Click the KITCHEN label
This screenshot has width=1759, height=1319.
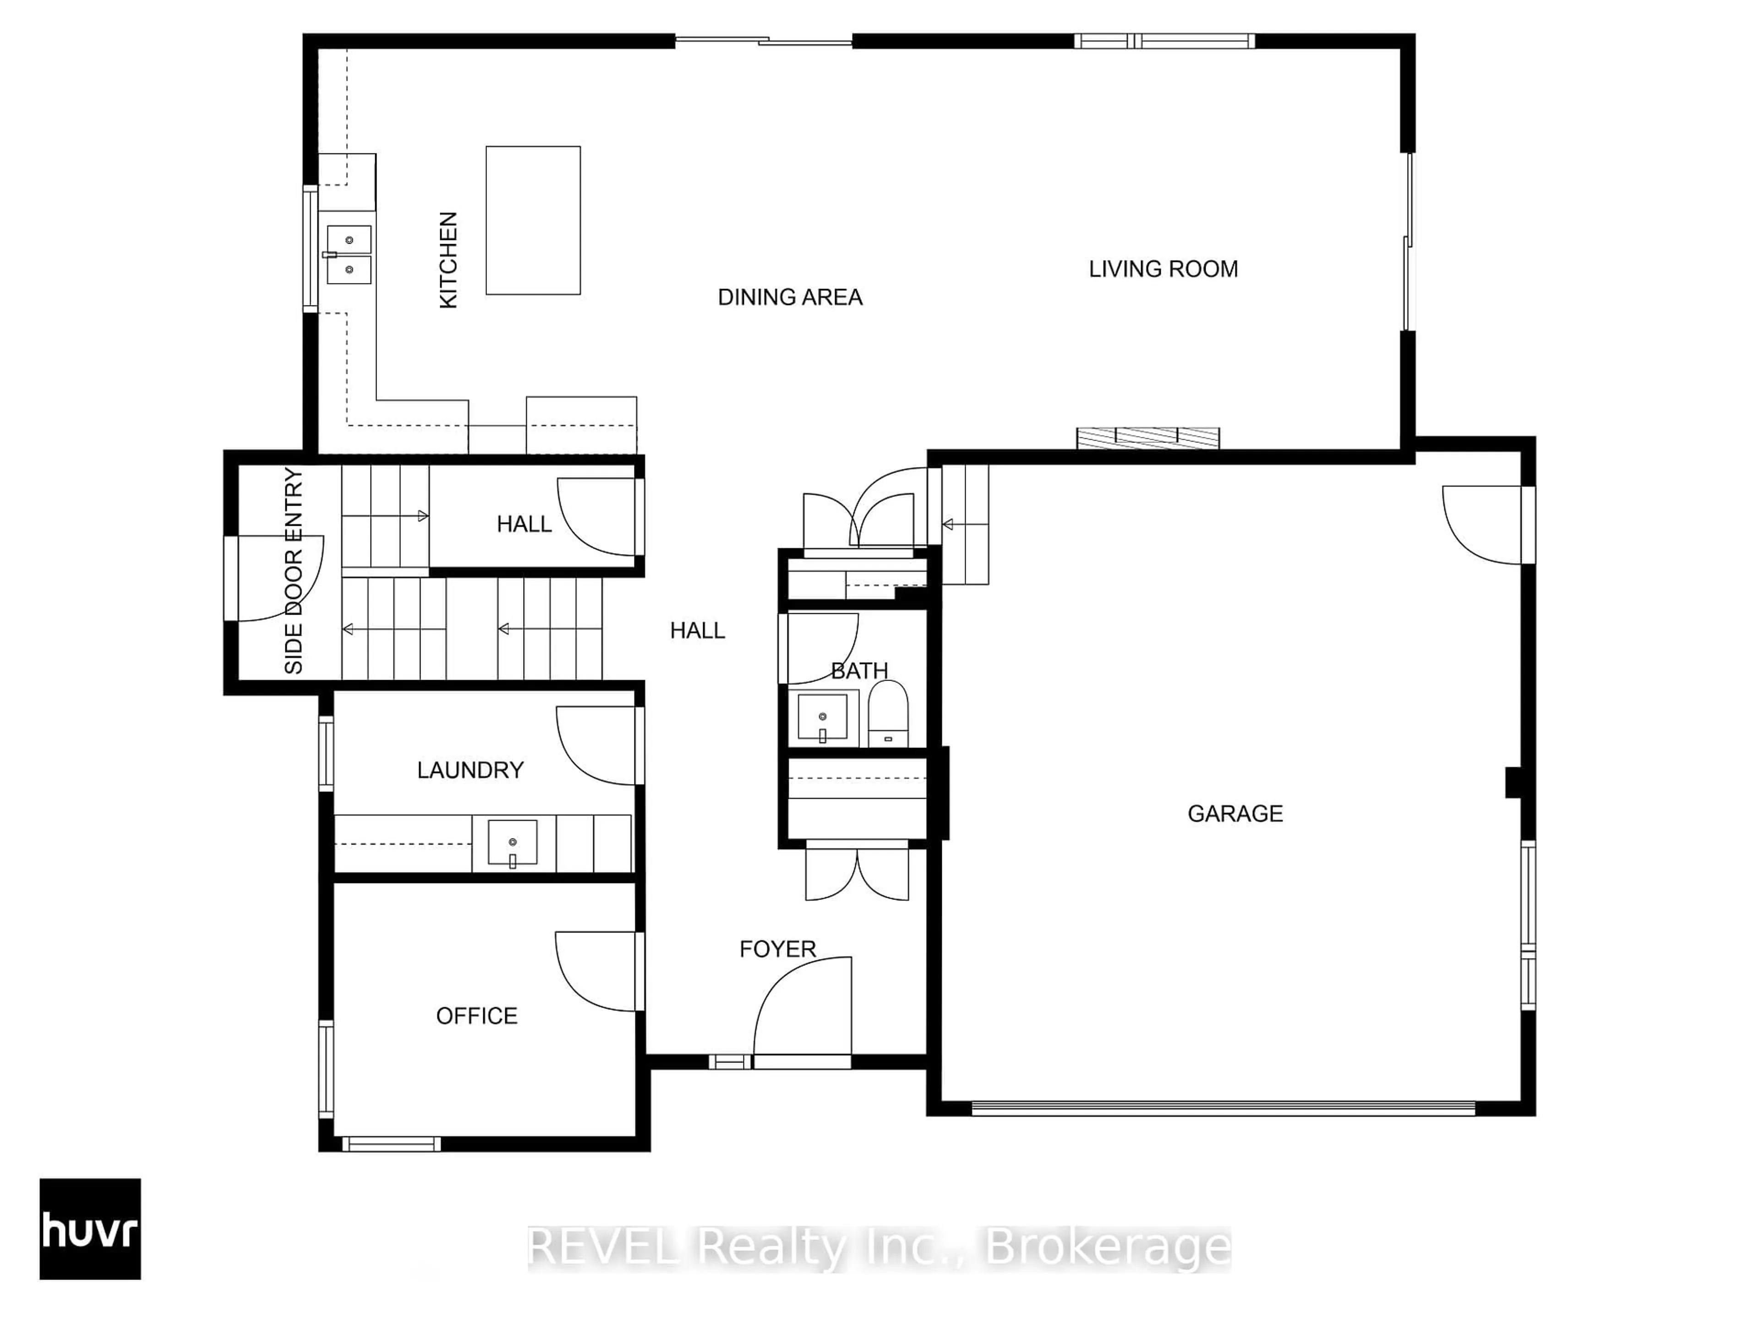point(448,260)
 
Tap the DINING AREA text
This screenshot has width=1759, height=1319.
point(790,297)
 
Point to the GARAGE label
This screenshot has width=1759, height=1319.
point(1235,813)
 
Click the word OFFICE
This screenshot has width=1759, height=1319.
point(476,1015)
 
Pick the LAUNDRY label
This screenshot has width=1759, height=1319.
point(470,769)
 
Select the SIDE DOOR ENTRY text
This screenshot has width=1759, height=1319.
point(294,571)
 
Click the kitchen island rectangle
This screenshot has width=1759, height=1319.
point(533,220)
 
